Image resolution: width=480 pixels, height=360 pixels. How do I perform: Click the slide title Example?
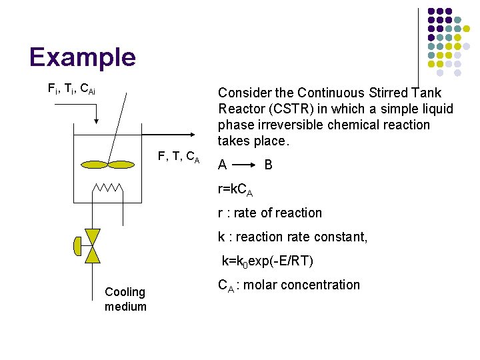pos(82,57)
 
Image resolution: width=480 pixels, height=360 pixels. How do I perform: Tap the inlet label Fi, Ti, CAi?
pos(71,89)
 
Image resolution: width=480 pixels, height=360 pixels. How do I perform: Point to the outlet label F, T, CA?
pos(178,157)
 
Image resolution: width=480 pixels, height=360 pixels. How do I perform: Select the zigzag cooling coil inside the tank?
pos(107,189)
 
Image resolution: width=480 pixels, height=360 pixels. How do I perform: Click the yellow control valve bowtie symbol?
pos(93,246)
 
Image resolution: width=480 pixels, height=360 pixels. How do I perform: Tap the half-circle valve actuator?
pos(77,247)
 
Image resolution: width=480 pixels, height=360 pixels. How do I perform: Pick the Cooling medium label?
pos(125,299)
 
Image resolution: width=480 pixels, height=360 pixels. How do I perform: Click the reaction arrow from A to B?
pos(245,165)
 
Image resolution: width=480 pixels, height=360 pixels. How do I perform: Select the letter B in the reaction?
pos(268,165)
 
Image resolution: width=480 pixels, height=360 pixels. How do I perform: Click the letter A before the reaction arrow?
pos(222,165)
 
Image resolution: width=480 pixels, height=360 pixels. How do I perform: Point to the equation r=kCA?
pos(235,190)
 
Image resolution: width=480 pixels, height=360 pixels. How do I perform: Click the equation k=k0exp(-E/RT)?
pos(267,261)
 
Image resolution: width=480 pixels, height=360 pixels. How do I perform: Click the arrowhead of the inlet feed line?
pos(97,121)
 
